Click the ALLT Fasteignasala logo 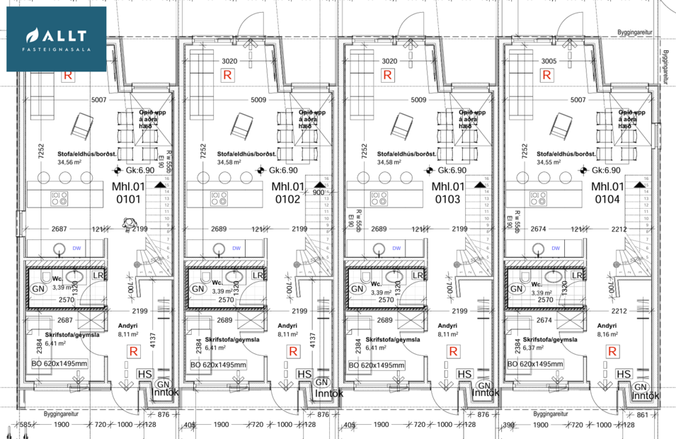coord(57,39)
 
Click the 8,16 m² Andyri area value coord(607,333)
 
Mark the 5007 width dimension coord(98,100)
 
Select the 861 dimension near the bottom coord(641,414)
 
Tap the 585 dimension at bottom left coord(26,424)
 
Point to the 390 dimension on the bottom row coord(507,424)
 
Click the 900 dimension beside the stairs coord(318,193)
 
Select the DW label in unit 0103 coord(396,249)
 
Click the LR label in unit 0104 coord(578,275)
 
